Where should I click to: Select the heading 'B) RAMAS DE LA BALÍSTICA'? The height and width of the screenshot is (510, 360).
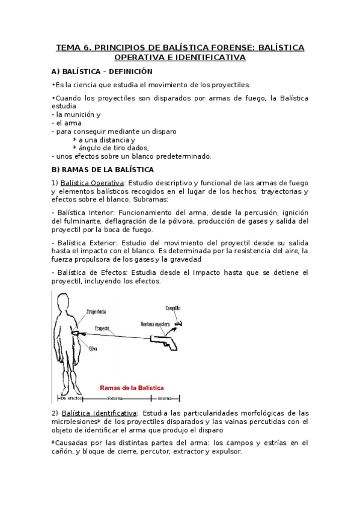103,170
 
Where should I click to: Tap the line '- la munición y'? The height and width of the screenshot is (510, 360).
76,114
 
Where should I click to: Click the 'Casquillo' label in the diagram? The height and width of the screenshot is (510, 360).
173,309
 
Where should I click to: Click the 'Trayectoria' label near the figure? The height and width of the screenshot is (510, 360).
97,312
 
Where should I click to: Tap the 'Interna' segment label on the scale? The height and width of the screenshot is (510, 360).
165,399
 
